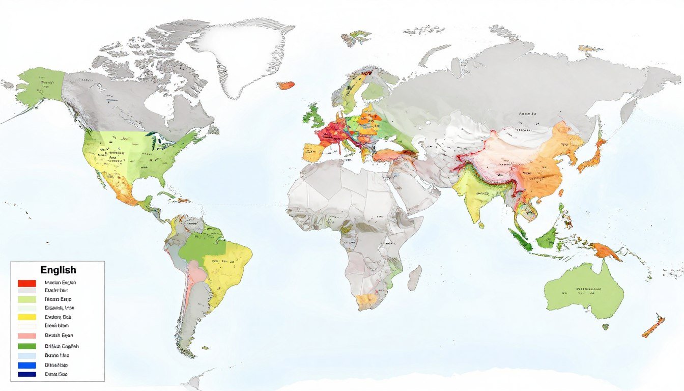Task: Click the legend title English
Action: click(x=58, y=270)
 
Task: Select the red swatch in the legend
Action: click(x=26, y=283)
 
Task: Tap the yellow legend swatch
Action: click(x=26, y=317)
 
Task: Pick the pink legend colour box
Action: click(x=26, y=336)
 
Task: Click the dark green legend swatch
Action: click(x=26, y=346)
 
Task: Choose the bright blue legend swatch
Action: click(x=26, y=365)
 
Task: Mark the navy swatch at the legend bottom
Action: click(x=26, y=374)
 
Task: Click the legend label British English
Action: click(x=62, y=346)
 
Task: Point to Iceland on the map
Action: click(x=287, y=85)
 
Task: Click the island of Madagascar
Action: click(x=415, y=277)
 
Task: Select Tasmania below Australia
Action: click(x=605, y=326)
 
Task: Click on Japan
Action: click(x=593, y=155)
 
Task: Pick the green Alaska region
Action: click(x=41, y=86)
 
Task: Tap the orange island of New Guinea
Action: click(x=606, y=251)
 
